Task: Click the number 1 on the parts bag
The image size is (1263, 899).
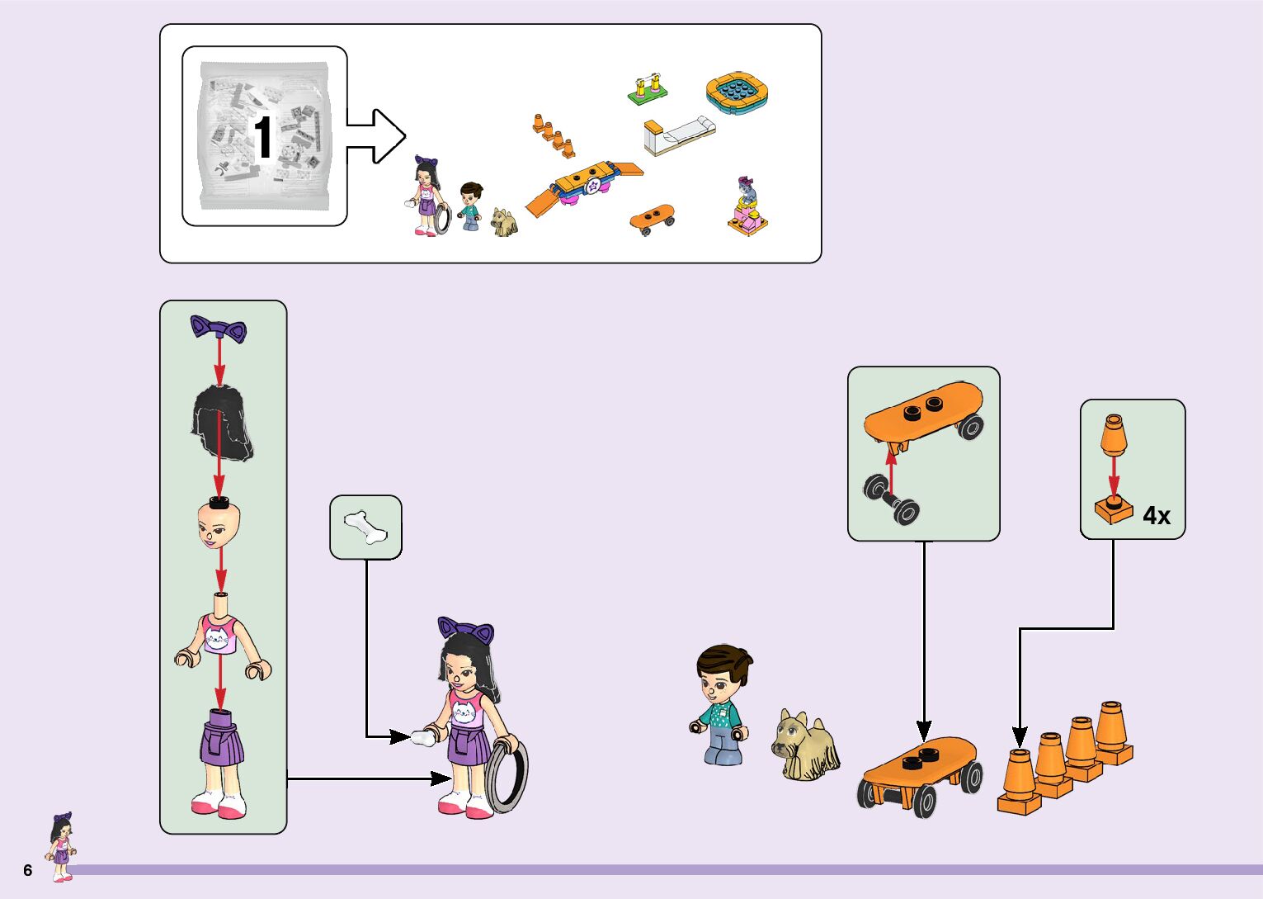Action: pyautogui.click(x=263, y=137)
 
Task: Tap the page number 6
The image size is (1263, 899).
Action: pyautogui.click(x=28, y=871)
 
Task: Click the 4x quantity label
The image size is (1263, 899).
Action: pyautogui.click(x=1157, y=516)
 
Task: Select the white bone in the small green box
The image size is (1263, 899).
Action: pyautogui.click(x=365, y=527)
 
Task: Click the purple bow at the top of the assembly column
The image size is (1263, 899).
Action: pyautogui.click(x=219, y=328)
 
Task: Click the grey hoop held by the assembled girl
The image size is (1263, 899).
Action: pyautogui.click(x=508, y=776)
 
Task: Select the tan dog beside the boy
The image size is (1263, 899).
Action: pyautogui.click(x=804, y=745)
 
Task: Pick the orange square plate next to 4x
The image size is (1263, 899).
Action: pyautogui.click(x=1114, y=509)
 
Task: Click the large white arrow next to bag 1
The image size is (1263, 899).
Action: pyautogui.click(x=376, y=136)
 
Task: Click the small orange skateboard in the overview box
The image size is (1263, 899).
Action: pyautogui.click(x=652, y=218)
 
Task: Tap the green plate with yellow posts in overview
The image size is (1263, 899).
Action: pyautogui.click(x=648, y=91)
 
